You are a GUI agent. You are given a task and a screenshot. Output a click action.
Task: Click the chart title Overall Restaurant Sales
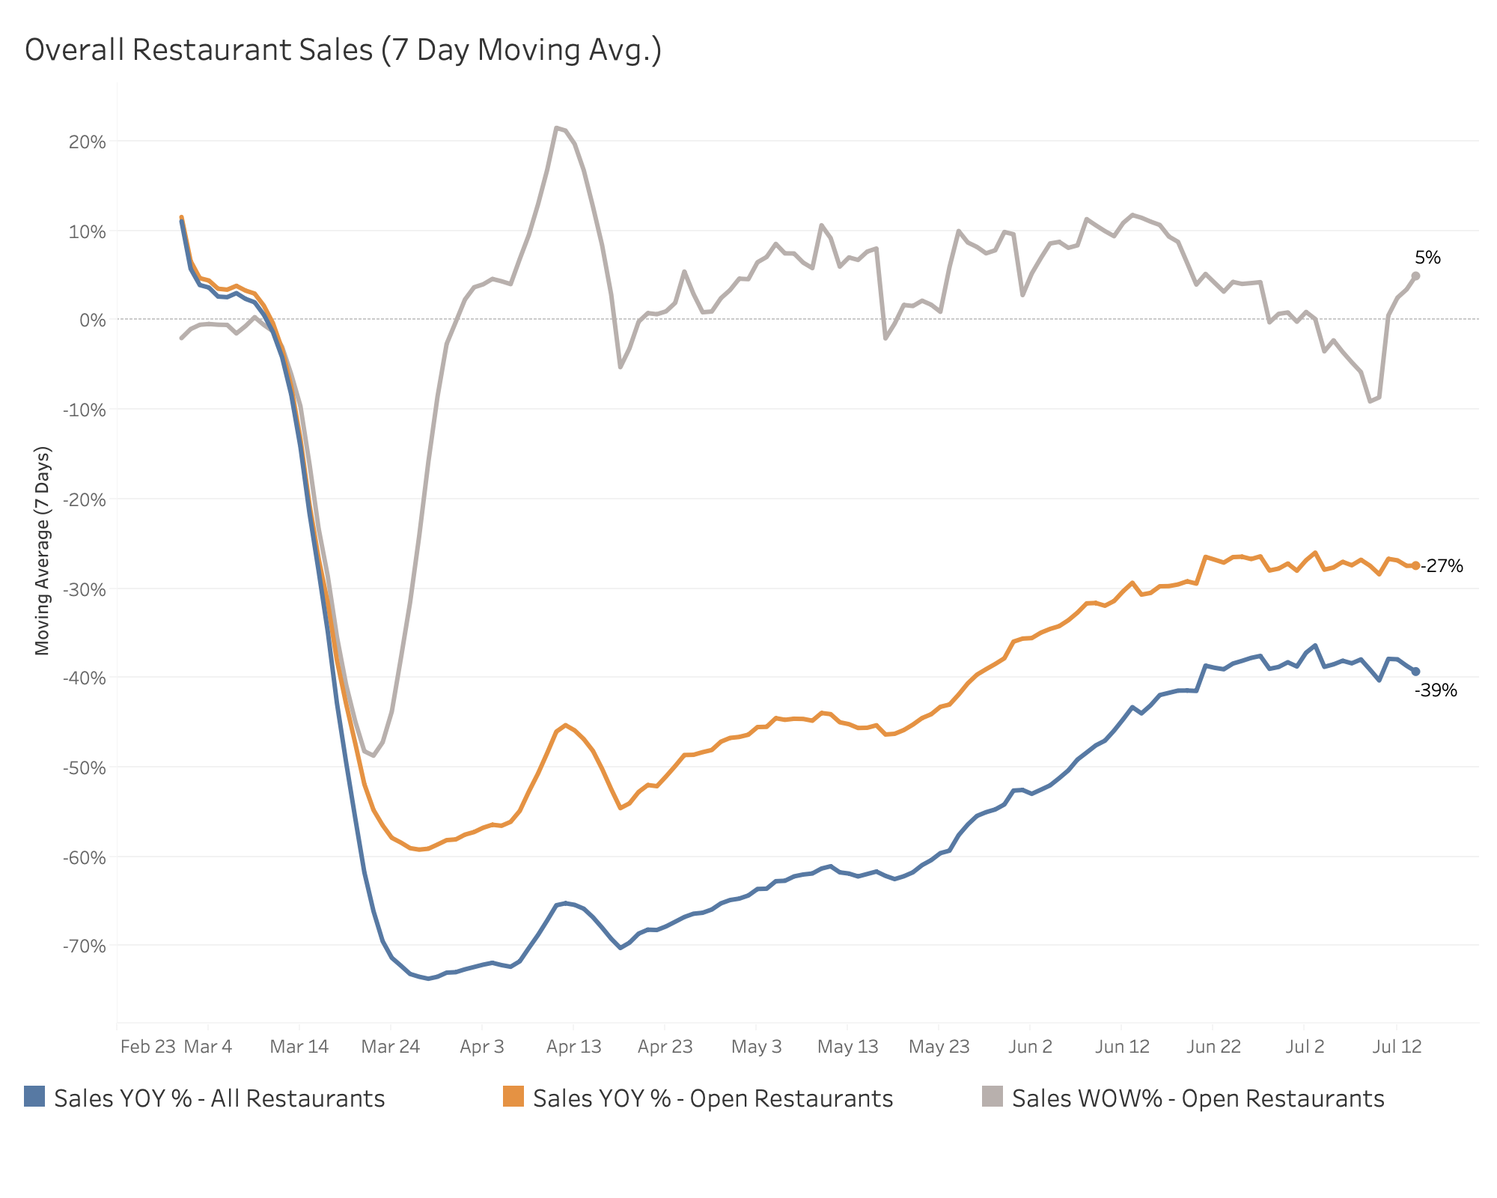343,50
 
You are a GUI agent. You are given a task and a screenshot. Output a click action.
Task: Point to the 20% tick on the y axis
87,142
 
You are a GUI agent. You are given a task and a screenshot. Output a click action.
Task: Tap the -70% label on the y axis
84,946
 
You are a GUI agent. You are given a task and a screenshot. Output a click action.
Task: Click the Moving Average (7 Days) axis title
43,551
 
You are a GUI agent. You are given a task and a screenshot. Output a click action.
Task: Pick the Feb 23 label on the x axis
147,1047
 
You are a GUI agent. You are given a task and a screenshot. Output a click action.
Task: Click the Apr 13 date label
573,1047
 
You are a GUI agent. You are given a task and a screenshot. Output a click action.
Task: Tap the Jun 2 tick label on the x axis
1030,1047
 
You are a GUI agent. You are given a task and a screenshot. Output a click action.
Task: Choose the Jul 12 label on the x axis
1396,1047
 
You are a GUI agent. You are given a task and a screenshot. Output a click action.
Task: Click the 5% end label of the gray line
1427,258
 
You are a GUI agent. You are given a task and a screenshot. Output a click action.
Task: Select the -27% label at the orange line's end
1442,566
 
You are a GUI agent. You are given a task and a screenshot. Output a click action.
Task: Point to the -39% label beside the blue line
1435,690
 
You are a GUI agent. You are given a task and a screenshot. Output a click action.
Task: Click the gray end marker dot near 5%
1415,276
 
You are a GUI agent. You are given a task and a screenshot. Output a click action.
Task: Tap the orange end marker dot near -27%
1415,566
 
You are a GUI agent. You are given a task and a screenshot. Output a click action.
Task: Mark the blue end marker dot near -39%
1415,672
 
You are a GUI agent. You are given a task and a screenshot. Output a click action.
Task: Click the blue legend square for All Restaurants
34,1096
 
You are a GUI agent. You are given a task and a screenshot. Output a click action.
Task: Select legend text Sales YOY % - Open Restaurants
713,1098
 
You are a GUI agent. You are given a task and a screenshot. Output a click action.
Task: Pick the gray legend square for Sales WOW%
992,1096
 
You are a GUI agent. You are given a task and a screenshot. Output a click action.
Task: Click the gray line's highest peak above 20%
556,128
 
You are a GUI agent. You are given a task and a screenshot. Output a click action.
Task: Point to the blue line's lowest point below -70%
428,978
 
